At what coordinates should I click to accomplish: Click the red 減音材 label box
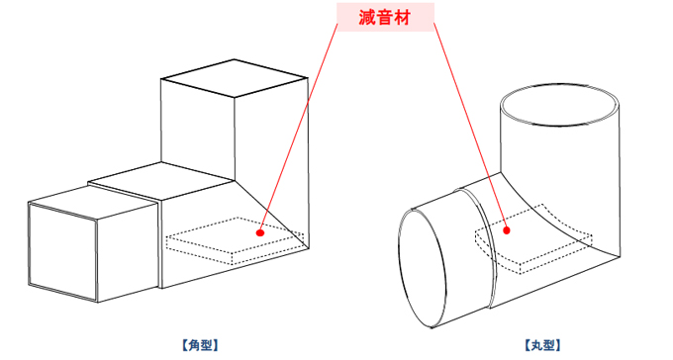[385, 17]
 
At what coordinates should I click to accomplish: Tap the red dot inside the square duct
[259, 232]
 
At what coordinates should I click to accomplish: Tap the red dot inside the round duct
[507, 230]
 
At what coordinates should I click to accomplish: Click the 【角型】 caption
[200, 345]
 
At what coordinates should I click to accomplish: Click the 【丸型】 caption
[542, 345]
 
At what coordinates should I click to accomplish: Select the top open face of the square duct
[235, 78]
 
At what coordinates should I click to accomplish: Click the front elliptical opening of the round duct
[423, 269]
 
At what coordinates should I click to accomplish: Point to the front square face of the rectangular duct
[62, 252]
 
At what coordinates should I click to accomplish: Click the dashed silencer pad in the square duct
[236, 240]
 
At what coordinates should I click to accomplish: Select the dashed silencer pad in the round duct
[533, 239]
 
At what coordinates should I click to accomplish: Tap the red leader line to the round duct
[470, 127]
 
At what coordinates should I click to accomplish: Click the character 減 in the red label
[367, 18]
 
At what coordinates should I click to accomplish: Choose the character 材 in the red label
[402, 18]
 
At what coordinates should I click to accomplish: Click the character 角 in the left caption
[194, 345]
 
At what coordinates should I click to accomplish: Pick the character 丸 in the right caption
[536, 345]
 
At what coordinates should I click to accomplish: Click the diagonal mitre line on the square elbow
[271, 214]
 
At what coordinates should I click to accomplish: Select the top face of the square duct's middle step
[161, 181]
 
